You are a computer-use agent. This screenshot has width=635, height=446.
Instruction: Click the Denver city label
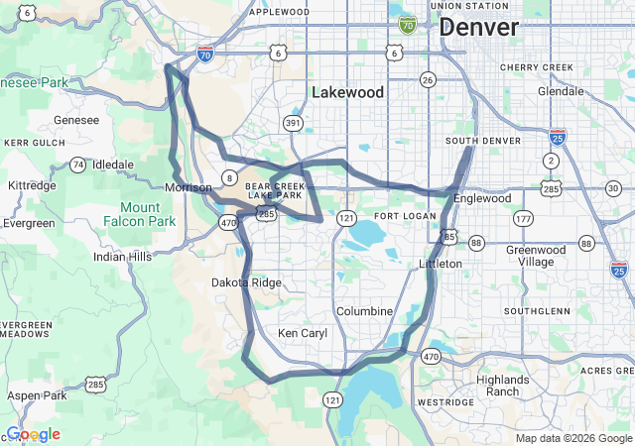pos(478,28)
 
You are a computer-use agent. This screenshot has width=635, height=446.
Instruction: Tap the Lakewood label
pos(347,92)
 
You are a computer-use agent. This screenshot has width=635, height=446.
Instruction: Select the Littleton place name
pos(441,264)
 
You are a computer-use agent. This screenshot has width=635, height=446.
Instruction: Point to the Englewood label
pos(482,198)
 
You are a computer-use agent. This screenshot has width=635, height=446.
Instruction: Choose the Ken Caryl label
pos(303,333)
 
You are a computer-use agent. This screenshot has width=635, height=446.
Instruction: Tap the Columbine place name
pos(365,311)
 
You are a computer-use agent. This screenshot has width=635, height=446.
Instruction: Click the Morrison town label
pos(189,187)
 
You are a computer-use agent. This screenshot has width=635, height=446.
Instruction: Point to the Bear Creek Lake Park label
pos(273,190)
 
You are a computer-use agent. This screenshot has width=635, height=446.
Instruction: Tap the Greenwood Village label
pos(536,256)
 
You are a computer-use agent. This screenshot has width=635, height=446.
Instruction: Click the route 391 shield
pos(293,123)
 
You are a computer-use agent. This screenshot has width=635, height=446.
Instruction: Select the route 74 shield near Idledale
pos(77,164)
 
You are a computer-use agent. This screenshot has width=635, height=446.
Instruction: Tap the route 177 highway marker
pos(524,218)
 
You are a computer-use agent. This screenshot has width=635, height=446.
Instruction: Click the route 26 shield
pos(428,79)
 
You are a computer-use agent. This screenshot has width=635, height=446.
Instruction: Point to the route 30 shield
pos(612,188)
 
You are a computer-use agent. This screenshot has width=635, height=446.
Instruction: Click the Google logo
pos(33,434)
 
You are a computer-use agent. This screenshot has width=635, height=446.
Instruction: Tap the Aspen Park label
pos(37,395)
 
